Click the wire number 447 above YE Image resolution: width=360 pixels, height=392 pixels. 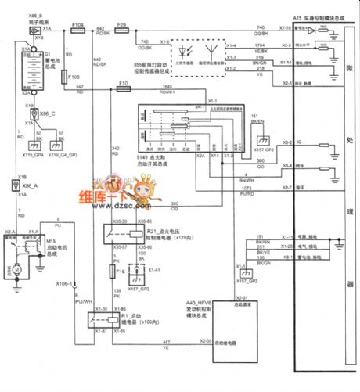coord(165,343)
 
